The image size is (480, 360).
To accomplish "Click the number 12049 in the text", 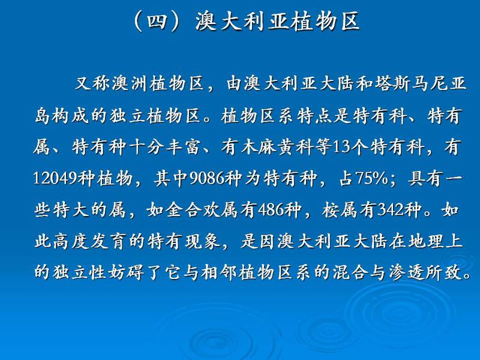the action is click(x=55, y=178).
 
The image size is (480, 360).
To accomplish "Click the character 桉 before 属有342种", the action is click(x=331, y=210).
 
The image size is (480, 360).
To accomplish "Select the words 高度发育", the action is click(x=89, y=242).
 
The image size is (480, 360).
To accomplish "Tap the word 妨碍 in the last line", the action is click(x=126, y=272).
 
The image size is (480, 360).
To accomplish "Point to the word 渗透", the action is click(x=407, y=272).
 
